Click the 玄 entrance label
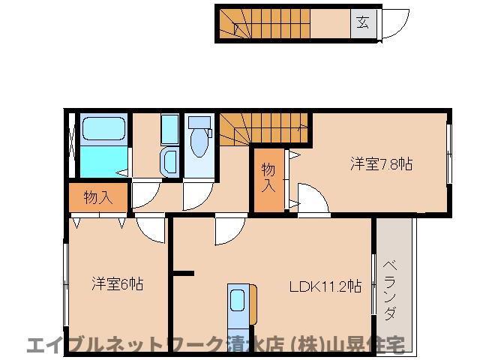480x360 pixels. pos(362,22)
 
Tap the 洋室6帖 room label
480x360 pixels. pos(118,284)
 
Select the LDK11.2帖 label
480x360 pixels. pos(327,286)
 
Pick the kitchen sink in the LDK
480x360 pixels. pos(238,301)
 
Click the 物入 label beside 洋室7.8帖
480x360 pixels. pos(268,181)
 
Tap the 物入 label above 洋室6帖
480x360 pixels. pos(98,198)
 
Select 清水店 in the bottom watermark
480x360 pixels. pos(255,346)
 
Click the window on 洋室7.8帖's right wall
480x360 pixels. pos(449,154)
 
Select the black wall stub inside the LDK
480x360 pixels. pos(184,274)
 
